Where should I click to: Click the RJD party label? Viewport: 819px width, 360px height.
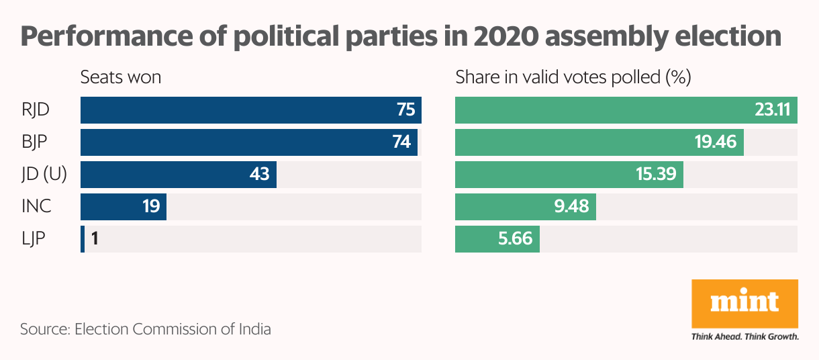(36, 110)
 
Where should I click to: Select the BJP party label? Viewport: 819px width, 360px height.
(36, 142)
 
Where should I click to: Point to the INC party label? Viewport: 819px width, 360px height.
(36, 207)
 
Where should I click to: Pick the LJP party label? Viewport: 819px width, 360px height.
(34, 239)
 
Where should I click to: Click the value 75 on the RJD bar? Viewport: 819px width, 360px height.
(405, 110)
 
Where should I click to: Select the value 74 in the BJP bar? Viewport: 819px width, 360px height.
(401, 142)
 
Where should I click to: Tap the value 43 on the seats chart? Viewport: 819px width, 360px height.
(259, 175)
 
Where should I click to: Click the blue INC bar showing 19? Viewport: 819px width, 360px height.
(124, 207)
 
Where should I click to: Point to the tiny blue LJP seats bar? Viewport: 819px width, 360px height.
(83, 239)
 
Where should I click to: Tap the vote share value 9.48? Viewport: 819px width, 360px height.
(571, 207)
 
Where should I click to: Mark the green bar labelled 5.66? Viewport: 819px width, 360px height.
(497, 239)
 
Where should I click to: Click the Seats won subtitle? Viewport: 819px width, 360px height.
(121, 77)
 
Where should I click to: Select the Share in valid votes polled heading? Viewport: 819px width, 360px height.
(573, 77)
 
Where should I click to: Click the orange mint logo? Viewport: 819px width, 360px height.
(744, 302)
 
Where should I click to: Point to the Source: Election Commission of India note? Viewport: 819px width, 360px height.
(146, 330)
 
